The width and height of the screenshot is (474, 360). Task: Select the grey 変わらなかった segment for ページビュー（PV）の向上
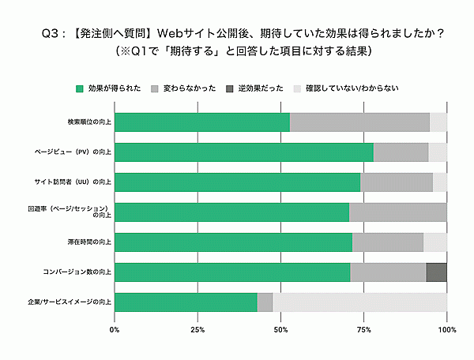[401, 152]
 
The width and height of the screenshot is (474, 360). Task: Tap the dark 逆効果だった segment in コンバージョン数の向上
[436, 272]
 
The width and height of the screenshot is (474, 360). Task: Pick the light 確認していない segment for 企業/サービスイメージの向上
[359, 302]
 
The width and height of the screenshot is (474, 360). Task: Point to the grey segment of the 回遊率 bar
[397, 212]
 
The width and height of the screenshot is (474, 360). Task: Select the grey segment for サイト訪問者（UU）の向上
[396, 182]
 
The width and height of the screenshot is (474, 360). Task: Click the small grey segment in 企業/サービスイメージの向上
[265, 302]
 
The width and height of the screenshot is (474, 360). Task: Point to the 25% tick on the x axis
[198, 329]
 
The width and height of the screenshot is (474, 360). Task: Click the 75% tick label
[364, 329]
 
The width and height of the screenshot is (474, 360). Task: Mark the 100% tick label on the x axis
[446, 329]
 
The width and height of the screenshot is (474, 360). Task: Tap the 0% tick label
[115, 329]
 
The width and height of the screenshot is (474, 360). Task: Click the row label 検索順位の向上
[88, 122]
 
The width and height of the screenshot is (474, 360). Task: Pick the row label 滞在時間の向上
[88, 242]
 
